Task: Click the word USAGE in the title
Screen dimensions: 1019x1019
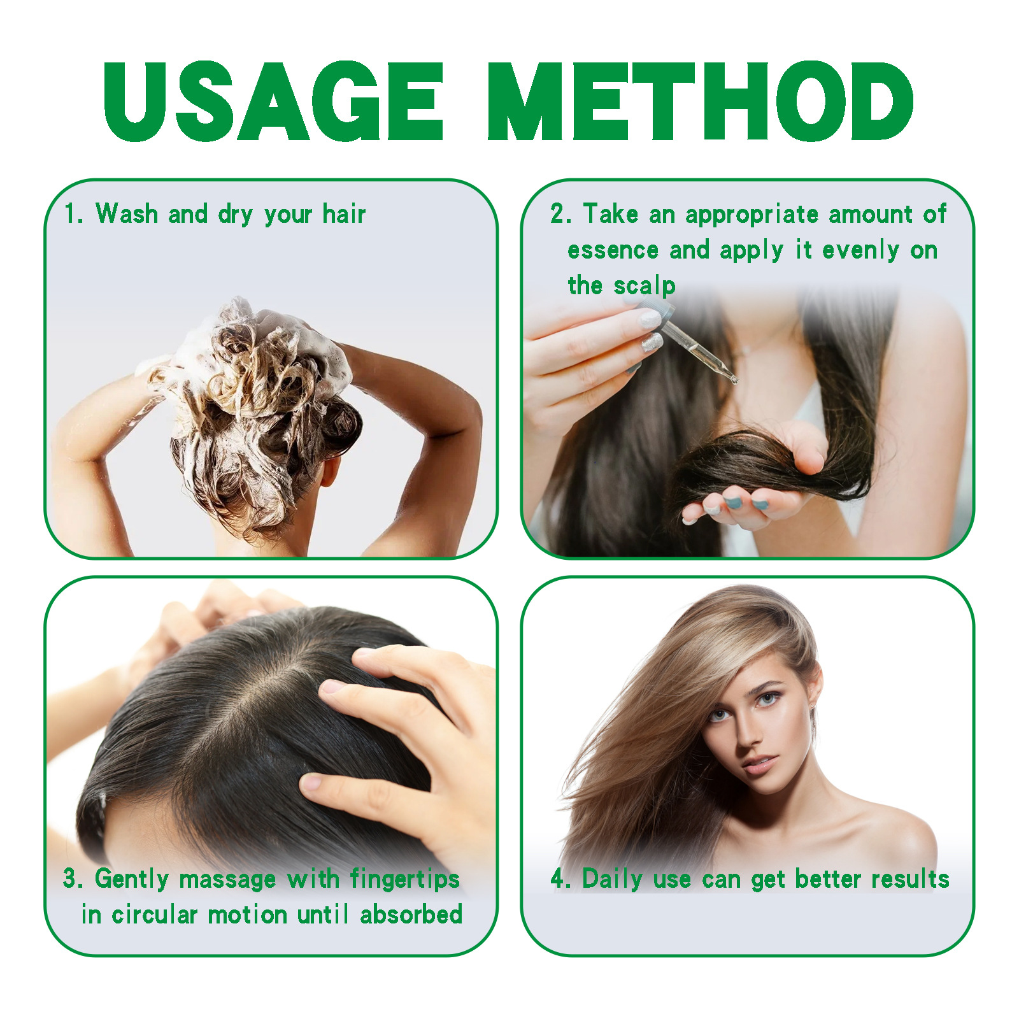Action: point(273,102)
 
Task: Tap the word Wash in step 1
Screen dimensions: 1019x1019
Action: point(127,214)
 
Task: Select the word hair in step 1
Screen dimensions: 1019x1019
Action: point(344,214)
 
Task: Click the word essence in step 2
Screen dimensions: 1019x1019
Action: point(613,250)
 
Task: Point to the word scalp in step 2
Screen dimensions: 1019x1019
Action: point(645,286)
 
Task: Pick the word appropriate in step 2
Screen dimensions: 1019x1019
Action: point(752,215)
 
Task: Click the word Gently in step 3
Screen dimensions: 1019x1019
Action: point(132,880)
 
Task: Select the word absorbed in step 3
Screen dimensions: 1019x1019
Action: point(411,915)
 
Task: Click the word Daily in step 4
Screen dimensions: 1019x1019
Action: point(612,880)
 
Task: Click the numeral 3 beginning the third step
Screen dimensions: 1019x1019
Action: point(70,880)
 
